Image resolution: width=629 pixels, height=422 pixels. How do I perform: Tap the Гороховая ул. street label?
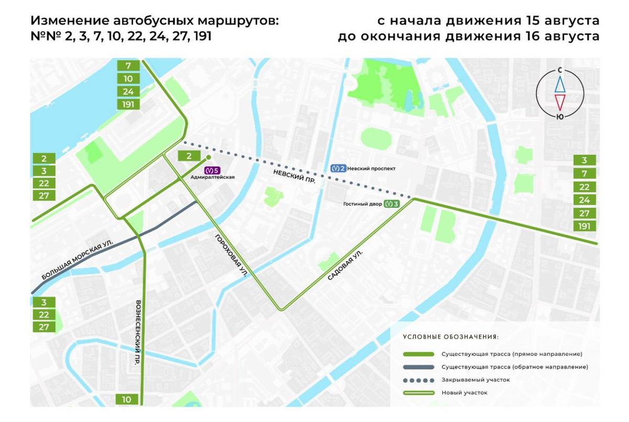pos(231,255)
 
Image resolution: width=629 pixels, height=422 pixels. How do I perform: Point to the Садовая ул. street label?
pos(345,264)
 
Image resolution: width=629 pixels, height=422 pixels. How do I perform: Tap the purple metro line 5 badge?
pos(212,170)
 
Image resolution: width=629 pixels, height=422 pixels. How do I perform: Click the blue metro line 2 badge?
pos(339,168)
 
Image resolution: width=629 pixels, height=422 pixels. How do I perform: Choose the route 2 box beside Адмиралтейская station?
pos(189,156)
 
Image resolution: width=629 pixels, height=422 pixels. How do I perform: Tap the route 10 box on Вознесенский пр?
pos(127,399)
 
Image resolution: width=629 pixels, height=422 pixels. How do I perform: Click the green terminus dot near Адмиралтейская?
pos(208,157)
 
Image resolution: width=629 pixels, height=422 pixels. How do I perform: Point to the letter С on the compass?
pos(560,70)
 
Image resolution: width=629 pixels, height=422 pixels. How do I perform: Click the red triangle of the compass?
pos(560,101)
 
